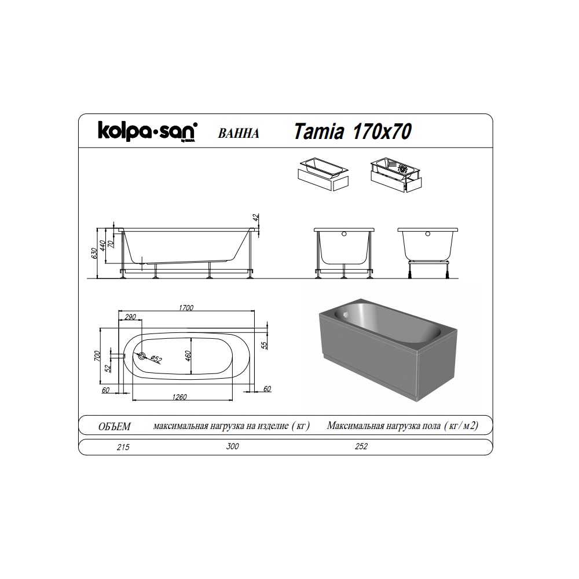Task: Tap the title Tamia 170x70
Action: (353, 133)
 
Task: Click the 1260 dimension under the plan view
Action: (180, 397)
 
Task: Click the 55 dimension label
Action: (265, 346)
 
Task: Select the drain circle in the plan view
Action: (142, 356)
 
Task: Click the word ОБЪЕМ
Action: (115, 427)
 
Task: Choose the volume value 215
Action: (123, 447)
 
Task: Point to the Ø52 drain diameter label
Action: (157, 359)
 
